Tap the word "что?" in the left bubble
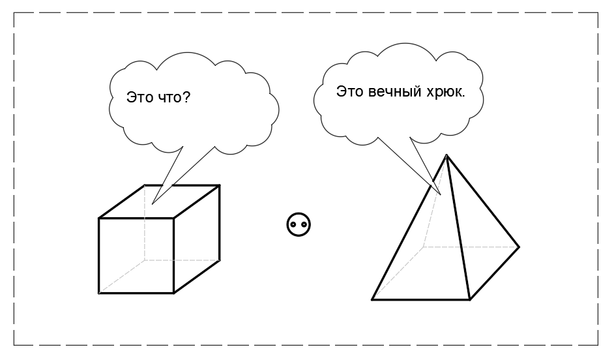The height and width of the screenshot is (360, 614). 177,98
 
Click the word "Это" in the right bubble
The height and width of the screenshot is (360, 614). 349,92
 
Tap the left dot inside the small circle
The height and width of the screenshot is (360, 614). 294,225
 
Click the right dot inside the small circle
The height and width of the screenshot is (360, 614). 304,225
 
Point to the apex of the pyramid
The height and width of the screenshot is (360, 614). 446,155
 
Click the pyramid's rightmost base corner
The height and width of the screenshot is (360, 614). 519,247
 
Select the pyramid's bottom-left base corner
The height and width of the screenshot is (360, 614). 372,300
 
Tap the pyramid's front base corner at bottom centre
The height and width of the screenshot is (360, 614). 470,300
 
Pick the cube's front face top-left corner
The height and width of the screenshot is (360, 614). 99,218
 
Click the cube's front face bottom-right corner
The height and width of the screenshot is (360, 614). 173,293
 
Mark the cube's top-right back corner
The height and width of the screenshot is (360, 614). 219,185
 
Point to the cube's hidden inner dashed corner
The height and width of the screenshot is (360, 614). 145,260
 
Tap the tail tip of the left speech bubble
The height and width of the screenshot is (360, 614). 153,203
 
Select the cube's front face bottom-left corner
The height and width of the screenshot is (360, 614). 99,293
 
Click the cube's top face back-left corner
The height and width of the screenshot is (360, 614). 145,185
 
